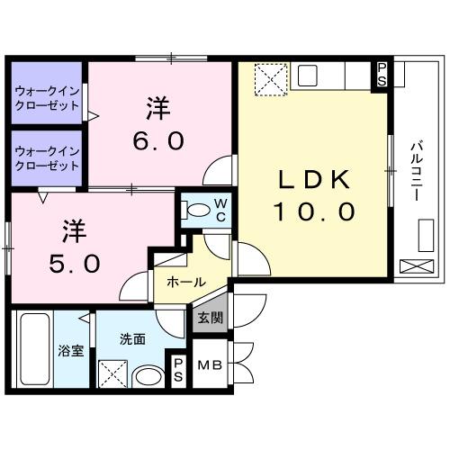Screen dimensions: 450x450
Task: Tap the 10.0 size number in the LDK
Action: (314, 214)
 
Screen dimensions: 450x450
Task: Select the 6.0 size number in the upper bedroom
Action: (160, 141)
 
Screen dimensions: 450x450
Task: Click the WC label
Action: (219, 209)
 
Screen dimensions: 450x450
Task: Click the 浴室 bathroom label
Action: (71, 350)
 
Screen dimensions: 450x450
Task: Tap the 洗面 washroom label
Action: (132, 339)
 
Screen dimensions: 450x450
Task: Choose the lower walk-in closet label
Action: (46, 159)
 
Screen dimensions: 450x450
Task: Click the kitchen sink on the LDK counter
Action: (307, 73)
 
